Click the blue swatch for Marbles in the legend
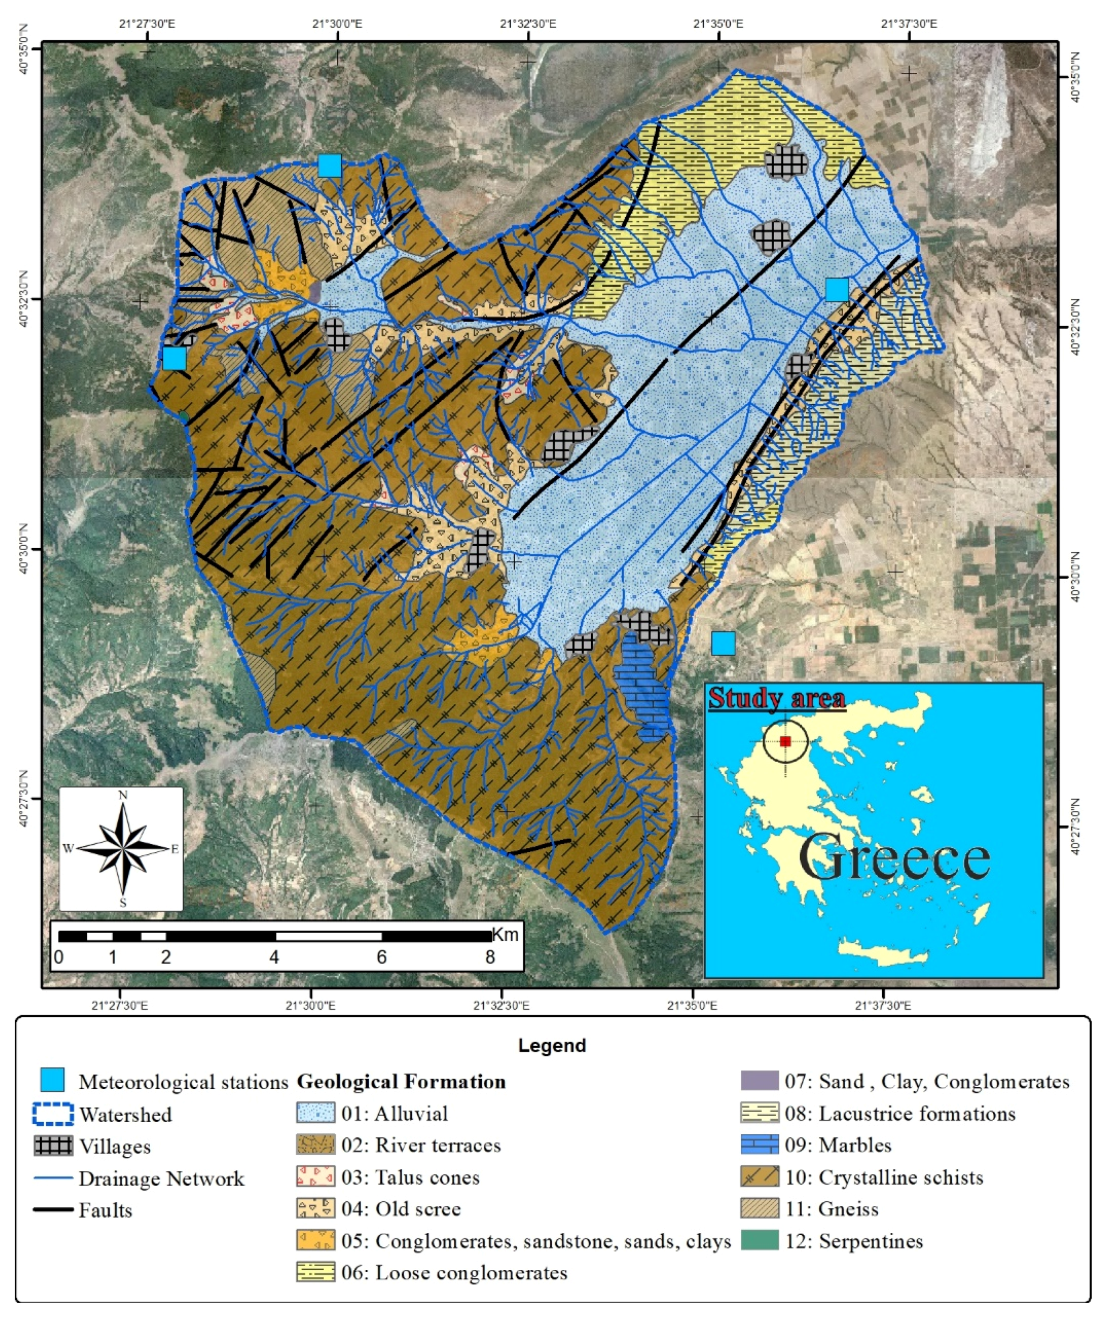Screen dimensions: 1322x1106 759,1144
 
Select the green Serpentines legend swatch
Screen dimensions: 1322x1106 759,1240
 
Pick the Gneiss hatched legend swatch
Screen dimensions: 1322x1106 759,1208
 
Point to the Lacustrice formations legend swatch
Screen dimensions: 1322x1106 759,1113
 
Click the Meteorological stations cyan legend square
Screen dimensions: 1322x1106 52,1080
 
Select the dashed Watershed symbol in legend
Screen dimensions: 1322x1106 52,1113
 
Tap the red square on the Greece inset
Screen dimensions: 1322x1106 785,741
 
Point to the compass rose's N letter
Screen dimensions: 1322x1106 123,795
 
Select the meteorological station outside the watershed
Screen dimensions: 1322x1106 723,644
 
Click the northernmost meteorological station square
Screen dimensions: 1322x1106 330,166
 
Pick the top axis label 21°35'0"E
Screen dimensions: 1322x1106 718,24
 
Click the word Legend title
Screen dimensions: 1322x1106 551,1046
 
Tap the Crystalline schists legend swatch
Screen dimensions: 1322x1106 759,1176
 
